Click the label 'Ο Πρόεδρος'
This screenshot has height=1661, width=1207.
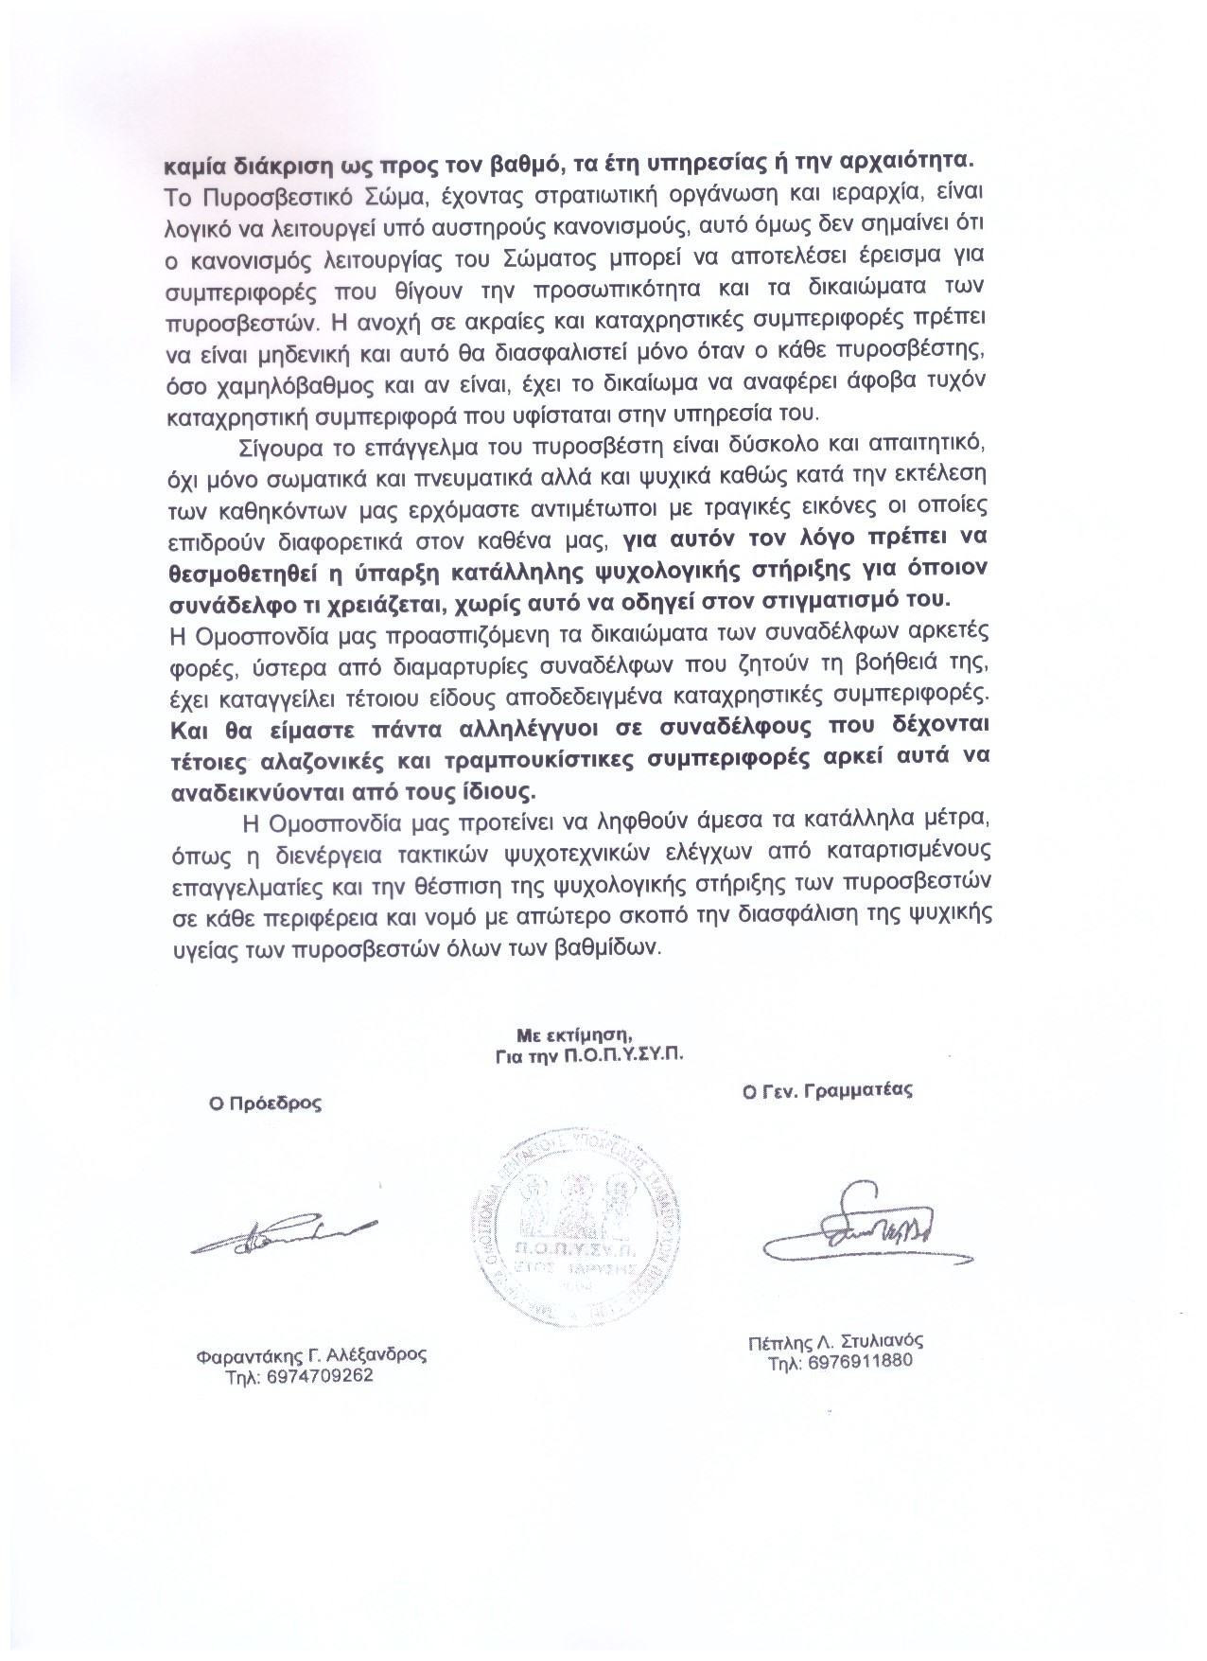point(266,1103)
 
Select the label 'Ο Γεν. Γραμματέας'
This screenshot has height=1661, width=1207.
point(827,1090)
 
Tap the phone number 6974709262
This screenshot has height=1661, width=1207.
point(301,1376)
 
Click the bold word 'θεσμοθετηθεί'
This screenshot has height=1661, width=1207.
point(236,572)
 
